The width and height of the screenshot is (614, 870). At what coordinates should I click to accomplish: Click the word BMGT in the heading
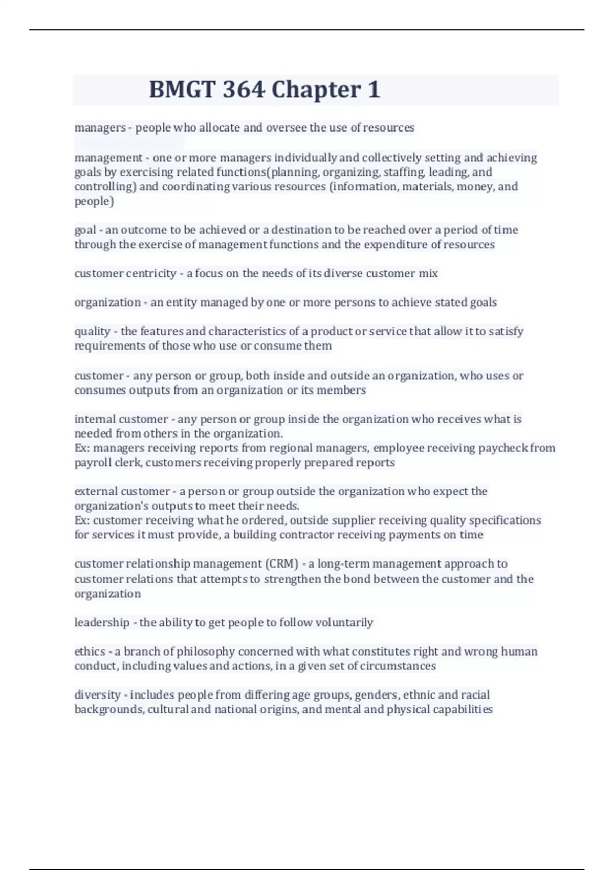point(182,90)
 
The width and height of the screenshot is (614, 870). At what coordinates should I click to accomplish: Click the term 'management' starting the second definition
point(108,158)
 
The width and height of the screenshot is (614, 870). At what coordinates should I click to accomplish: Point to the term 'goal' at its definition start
point(85,230)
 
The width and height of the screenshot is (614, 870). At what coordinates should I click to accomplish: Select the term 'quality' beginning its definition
point(92,332)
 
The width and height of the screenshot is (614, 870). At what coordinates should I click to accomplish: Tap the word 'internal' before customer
point(95,419)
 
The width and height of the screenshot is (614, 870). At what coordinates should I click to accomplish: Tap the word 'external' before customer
point(96,492)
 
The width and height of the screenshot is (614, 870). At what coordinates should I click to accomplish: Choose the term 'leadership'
point(102,623)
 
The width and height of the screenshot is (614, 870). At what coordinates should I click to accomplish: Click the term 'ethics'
point(90,651)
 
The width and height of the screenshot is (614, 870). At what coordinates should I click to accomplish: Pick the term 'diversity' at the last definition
point(97,695)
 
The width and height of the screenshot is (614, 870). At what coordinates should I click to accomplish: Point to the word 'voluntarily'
point(344,623)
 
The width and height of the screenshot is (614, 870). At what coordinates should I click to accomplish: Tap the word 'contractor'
point(259,535)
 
